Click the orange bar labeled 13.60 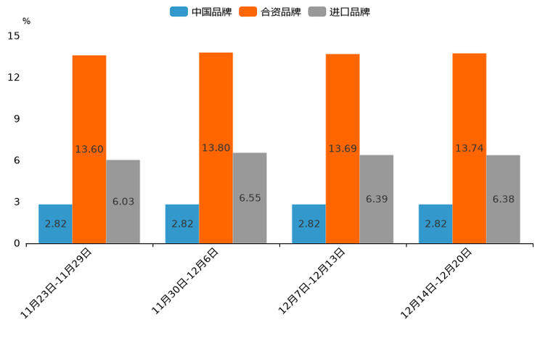click(x=89, y=149)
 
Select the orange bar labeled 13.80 click(x=216, y=147)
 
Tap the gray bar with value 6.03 click(x=123, y=201)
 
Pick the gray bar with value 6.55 click(x=250, y=197)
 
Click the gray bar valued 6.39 click(x=376, y=199)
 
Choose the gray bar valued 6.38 click(x=503, y=199)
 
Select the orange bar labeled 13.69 click(x=343, y=148)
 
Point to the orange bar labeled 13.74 click(x=469, y=148)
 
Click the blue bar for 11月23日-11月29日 click(x=55, y=224)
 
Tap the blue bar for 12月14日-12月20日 click(x=435, y=224)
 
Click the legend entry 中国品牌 click(x=201, y=12)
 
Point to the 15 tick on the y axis click(x=14, y=36)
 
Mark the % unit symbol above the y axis click(x=26, y=21)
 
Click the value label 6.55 click(x=250, y=197)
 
